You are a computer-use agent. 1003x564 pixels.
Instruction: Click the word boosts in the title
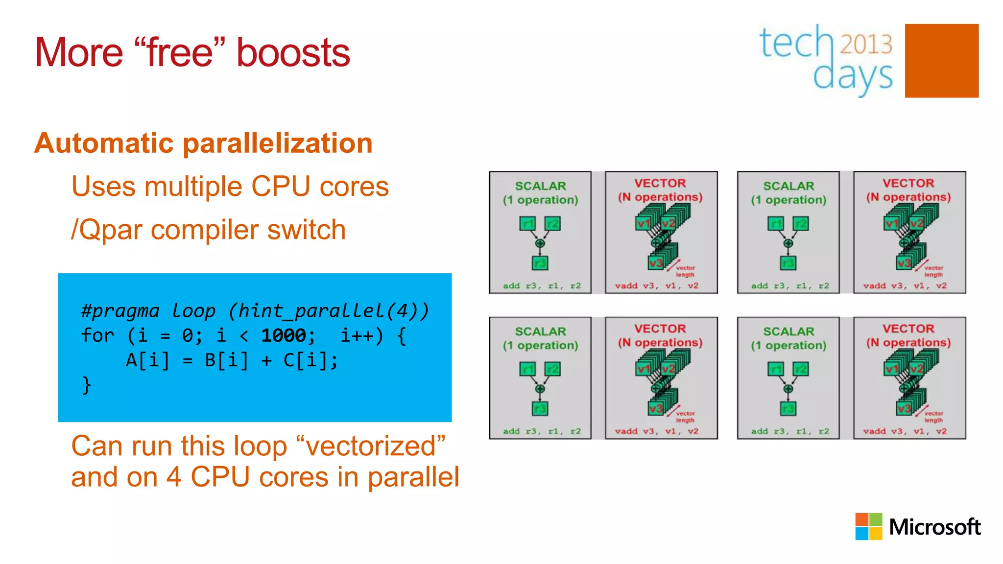tap(293, 53)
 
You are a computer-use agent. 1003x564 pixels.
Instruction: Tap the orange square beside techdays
tap(941, 61)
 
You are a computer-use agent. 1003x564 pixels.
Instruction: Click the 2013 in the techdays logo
tap(866, 45)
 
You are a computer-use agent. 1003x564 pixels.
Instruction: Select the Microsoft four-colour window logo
tap(868, 526)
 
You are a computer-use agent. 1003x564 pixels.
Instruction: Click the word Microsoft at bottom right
tap(934, 527)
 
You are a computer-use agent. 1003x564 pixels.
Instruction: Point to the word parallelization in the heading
tap(278, 143)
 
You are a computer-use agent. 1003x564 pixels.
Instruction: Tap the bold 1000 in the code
tap(284, 336)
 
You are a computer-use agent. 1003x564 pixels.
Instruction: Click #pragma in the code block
tap(120, 311)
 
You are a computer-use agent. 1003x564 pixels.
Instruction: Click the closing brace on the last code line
tap(86, 385)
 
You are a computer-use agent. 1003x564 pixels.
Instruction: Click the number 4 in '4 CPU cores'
tap(174, 477)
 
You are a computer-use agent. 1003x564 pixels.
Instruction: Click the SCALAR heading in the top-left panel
tap(540, 186)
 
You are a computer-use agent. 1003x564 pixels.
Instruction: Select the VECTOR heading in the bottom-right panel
tap(908, 329)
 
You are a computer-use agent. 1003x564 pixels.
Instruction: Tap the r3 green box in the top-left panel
tap(540, 263)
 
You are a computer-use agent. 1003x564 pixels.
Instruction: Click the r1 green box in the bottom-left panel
tap(527, 369)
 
